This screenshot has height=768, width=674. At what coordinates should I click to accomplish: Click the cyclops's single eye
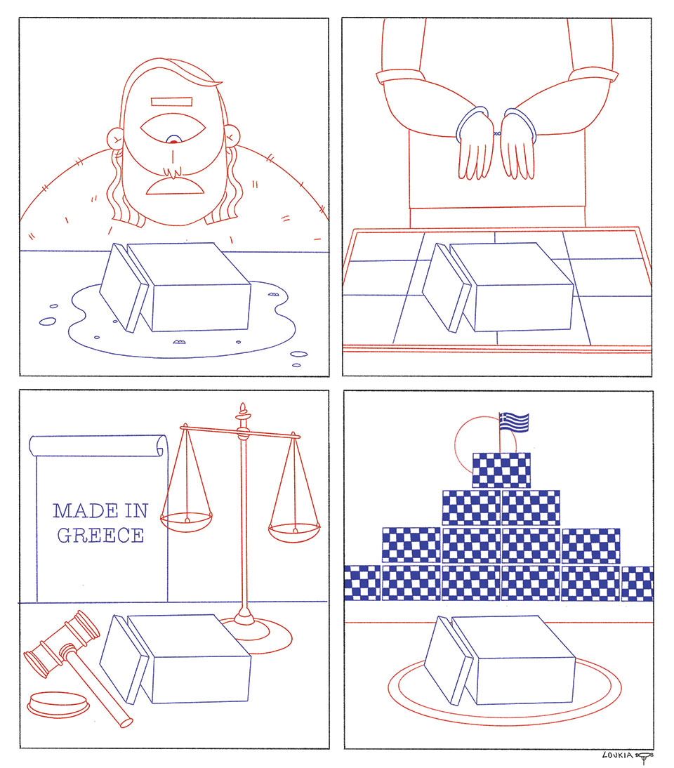(172, 128)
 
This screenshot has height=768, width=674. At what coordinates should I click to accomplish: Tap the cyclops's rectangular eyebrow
(171, 102)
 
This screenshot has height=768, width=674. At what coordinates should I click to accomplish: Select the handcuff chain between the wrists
(496, 133)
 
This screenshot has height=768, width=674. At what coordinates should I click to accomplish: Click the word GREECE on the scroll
(100, 536)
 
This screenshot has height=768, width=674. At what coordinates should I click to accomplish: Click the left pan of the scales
(187, 522)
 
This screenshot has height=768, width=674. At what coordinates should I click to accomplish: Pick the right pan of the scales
(294, 533)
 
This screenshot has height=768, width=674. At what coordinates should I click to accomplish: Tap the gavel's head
(61, 643)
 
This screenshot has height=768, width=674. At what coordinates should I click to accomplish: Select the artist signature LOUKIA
(618, 755)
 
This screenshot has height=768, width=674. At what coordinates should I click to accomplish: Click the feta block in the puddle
(175, 287)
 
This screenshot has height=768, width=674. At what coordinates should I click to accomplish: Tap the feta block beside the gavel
(175, 659)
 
